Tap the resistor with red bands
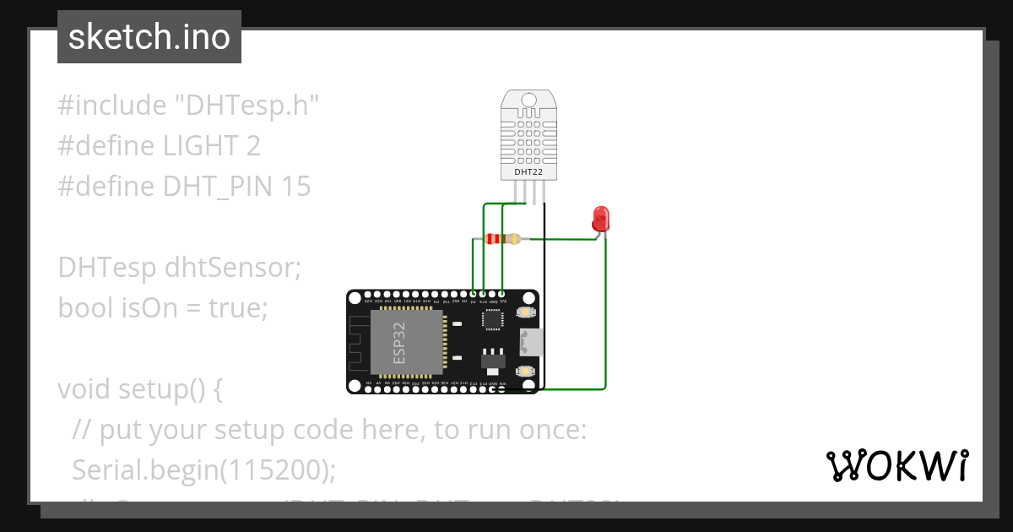pyautogui.click(x=503, y=239)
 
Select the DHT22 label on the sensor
pyautogui.click(x=528, y=172)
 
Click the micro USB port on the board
pyautogui.click(x=530, y=342)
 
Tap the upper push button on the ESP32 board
pyautogui.click(x=526, y=313)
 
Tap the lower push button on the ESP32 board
pyautogui.click(x=526, y=372)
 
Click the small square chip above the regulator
pyautogui.click(x=491, y=319)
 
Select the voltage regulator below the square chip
pyautogui.click(x=490, y=360)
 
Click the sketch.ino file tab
pyautogui.click(x=149, y=37)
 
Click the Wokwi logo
pyautogui.click(x=897, y=465)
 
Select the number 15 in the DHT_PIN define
pyautogui.click(x=296, y=187)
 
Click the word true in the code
pyautogui.click(x=237, y=308)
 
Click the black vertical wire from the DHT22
pyautogui.click(x=544, y=296)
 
